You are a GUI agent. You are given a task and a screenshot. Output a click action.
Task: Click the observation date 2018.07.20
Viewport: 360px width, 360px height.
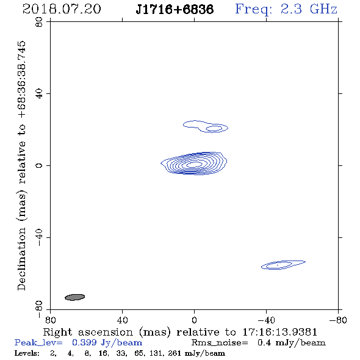62,9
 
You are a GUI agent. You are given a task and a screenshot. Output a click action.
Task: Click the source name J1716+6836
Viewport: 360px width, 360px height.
175,9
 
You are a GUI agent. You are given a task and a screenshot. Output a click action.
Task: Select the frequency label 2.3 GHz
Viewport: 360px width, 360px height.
309,9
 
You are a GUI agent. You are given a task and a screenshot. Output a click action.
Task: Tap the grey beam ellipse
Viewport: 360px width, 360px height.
75,297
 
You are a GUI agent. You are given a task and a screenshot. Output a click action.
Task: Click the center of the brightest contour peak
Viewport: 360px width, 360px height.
195,164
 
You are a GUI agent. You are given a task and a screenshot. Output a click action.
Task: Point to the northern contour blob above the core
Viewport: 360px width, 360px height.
206,126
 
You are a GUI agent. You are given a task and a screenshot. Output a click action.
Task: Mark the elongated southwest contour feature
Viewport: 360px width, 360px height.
283,265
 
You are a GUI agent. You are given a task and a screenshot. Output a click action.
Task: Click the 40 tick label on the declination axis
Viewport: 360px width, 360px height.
39,94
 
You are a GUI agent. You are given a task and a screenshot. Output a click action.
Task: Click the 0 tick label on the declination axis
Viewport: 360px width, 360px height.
39,165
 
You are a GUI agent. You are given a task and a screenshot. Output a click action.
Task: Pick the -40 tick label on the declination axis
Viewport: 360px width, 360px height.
39,237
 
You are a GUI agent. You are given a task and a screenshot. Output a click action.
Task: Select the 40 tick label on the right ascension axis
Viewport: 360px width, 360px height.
122,320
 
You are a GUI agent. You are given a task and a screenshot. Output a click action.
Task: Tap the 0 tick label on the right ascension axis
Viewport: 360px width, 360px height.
194,320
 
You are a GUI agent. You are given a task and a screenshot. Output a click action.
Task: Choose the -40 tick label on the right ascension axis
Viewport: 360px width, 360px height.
266,320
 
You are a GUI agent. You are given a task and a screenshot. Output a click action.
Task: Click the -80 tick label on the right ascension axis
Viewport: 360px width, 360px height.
338,320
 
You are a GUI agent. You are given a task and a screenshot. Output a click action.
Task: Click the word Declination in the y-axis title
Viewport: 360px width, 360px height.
21,259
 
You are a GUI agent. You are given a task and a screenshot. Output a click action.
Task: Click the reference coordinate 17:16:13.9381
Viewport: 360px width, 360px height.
279,332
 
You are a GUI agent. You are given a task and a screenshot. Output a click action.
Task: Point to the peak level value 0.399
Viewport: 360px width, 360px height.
84,342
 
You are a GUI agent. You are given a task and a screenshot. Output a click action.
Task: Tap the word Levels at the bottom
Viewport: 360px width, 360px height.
27,353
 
